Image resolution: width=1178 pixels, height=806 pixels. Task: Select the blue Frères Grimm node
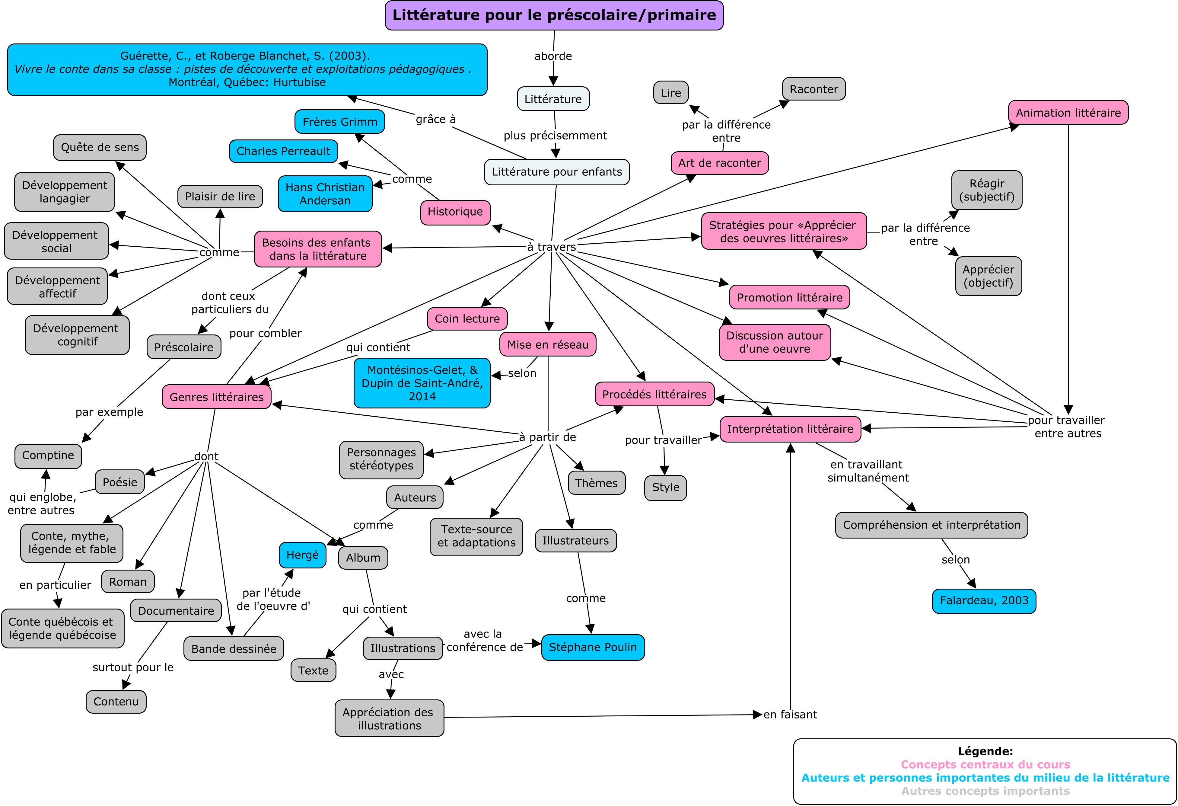pos(340,122)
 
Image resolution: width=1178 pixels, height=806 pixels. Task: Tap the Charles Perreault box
pos(283,151)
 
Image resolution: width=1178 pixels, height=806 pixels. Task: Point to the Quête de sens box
pos(100,148)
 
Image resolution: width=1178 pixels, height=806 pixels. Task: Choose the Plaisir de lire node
pos(220,196)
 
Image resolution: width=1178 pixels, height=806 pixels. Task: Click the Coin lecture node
pos(467,318)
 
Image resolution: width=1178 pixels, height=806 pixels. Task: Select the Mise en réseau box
pos(548,344)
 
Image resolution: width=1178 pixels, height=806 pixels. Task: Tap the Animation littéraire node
pos(1068,113)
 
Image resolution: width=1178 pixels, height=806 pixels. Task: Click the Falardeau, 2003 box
pos(984,600)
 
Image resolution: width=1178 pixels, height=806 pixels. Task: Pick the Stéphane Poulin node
pos(593,647)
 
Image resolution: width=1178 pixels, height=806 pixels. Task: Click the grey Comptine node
pos(48,456)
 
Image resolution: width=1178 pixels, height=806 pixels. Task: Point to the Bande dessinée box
pos(234,649)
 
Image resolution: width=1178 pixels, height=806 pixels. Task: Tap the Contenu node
pos(116,702)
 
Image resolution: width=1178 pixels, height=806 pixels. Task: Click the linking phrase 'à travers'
pos(552,247)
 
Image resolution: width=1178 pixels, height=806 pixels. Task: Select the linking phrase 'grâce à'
pos(435,119)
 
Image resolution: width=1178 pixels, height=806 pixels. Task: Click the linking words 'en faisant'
pos(790,715)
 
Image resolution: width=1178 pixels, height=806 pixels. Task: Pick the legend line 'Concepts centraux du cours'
pos(985,764)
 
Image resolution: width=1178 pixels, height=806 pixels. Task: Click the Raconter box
pos(813,89)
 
